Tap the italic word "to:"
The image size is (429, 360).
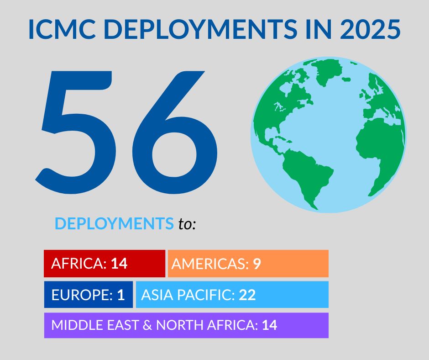[x=187, y=224]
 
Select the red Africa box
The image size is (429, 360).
[x=104, y=264]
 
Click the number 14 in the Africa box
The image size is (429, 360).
[x=119, y=264]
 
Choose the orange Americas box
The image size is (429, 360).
[x=248, y=264]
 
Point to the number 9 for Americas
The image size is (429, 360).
[x=257, y=264]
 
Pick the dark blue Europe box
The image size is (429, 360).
[x=88, y=295]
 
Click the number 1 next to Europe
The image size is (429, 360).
[x=121, y=295]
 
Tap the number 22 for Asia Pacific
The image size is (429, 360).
[x=247, y=295]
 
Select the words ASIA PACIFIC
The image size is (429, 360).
[x=188, y=295]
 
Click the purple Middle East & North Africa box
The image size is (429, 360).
[x=186, y=325]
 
